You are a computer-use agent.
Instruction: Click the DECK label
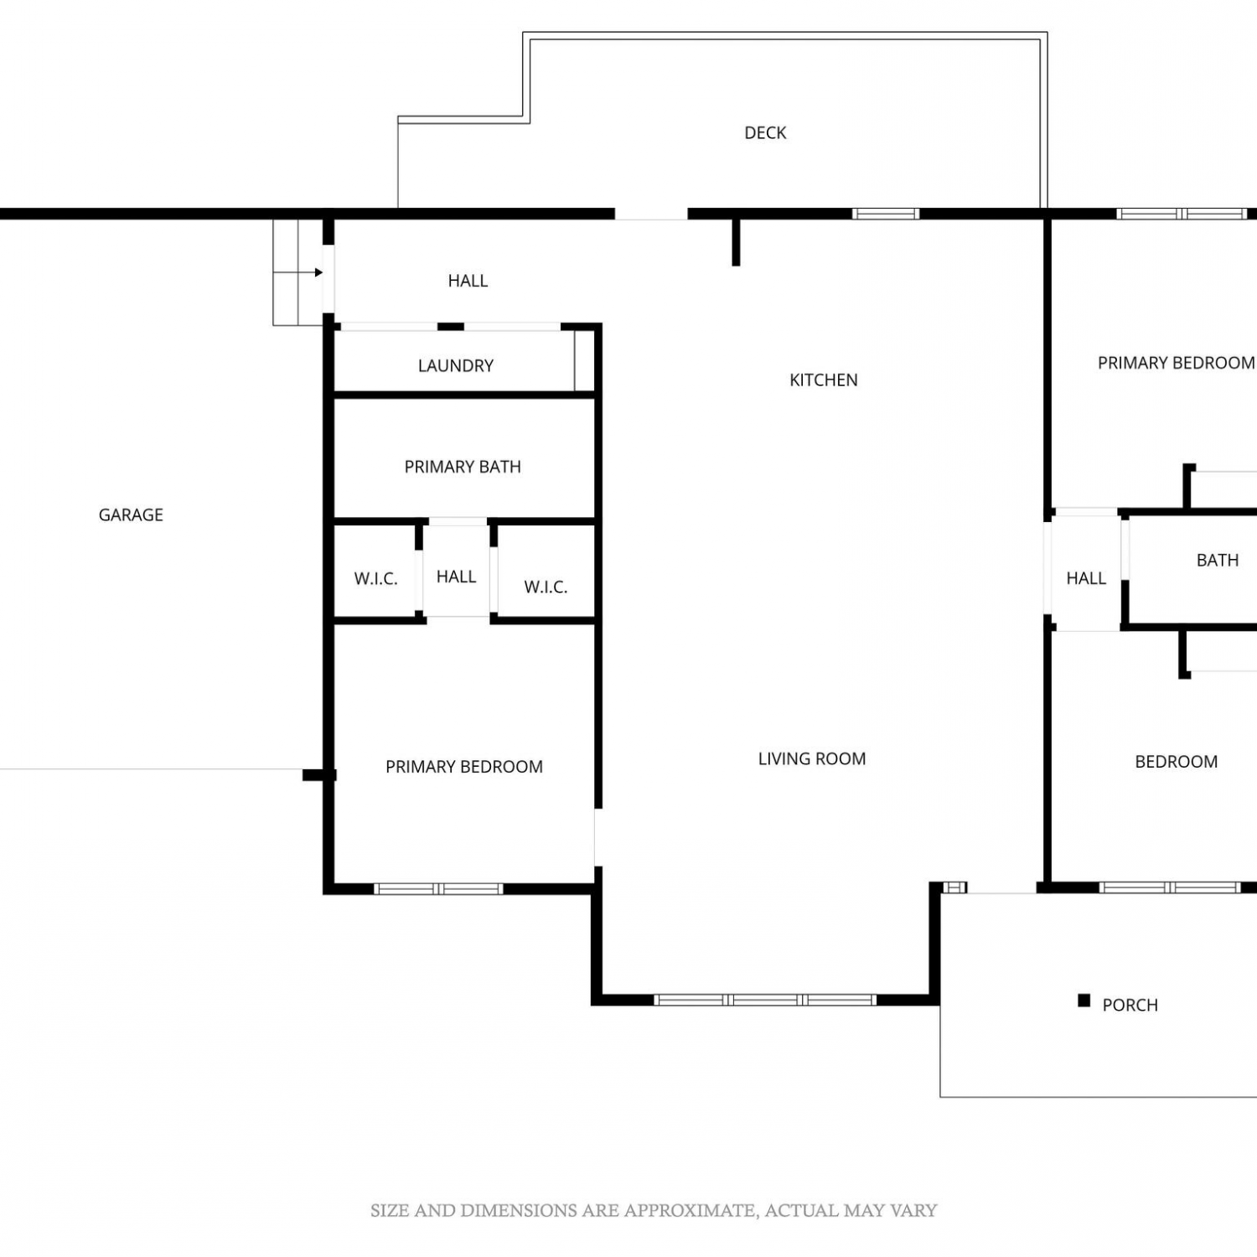click(765, 132)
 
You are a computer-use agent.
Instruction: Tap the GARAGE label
click(131, 515)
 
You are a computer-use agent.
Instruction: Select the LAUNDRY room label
click(456, 365)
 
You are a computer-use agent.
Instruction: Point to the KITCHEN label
click(824, 380)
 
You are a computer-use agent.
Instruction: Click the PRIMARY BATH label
click(463, 467)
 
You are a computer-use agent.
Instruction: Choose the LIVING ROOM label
click(812, 758)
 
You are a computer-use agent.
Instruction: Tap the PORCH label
click(1130, 1005)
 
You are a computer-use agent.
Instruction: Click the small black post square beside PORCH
click(1084, 1001)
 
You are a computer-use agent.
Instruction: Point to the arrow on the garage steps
click(298, 272)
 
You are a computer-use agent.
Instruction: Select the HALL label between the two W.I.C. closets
click(456, 577)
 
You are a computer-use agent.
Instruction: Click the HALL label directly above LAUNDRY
click(468, 281)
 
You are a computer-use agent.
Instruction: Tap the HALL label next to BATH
click(1086, 578)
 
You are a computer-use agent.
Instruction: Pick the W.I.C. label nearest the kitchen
click(546, 587)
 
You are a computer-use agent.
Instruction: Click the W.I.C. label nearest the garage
click(375, 578)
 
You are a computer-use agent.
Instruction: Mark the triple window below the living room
click(765, 1000)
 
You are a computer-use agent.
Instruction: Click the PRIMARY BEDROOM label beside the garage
click(464, 767)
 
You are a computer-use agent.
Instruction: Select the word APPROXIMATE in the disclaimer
click(687, 1210)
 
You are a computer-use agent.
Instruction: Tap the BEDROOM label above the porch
click(1177, 762)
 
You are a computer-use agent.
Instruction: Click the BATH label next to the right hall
click(1218, 560)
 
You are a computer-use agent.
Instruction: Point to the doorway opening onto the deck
click(651, 215)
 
